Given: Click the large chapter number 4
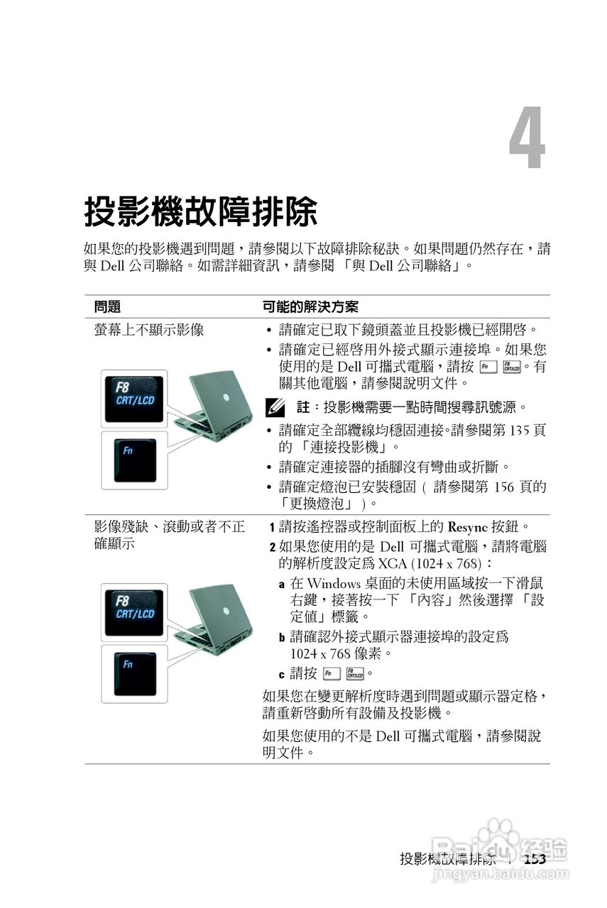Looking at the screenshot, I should (x=527, y=139).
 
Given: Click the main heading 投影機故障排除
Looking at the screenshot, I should (x=200, y=212).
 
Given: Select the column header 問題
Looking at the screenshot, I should (x=107, y=306).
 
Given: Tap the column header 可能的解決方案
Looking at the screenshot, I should (x=310, y=306).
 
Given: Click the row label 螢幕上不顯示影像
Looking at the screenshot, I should (x=149, y=330).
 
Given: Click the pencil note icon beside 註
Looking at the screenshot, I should (x=273, y=408).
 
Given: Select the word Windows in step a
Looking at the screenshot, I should (x=333, y=583).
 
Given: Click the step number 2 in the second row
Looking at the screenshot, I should (x=273, y=548).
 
